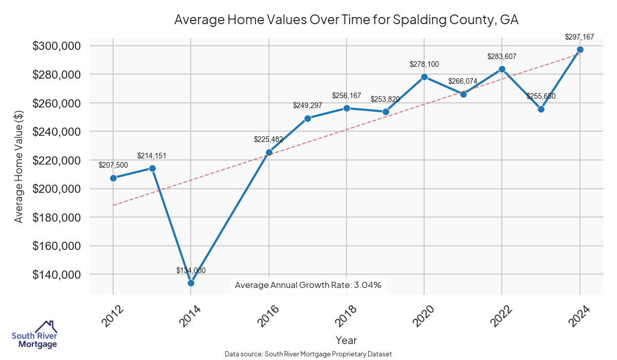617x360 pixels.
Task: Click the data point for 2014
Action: click(x=191, y=283)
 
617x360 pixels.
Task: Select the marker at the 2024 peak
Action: click(x=580, y=50)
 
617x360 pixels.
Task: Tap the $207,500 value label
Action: click(x=113, y=165)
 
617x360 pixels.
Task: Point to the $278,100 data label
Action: click(x=424, y=64)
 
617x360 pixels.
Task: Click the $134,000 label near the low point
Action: click(x=191, y=271)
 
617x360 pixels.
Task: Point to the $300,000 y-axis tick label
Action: click(x=57, y=46)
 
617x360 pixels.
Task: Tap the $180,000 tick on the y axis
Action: click(x=57, y=218)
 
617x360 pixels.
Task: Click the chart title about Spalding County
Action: click(x=346, y=20)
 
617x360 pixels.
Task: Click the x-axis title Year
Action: click(x=346, y=340)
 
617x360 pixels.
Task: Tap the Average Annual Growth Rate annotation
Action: click(x=308, y=285)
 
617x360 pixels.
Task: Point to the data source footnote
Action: click(x=308, y=354)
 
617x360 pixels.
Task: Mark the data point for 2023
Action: click(x=541, y=109)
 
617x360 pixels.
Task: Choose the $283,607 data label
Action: click(x=502, y=57)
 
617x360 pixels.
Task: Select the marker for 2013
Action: click(x=152, y=169)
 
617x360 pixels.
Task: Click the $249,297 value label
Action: click(x=307, y=105)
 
